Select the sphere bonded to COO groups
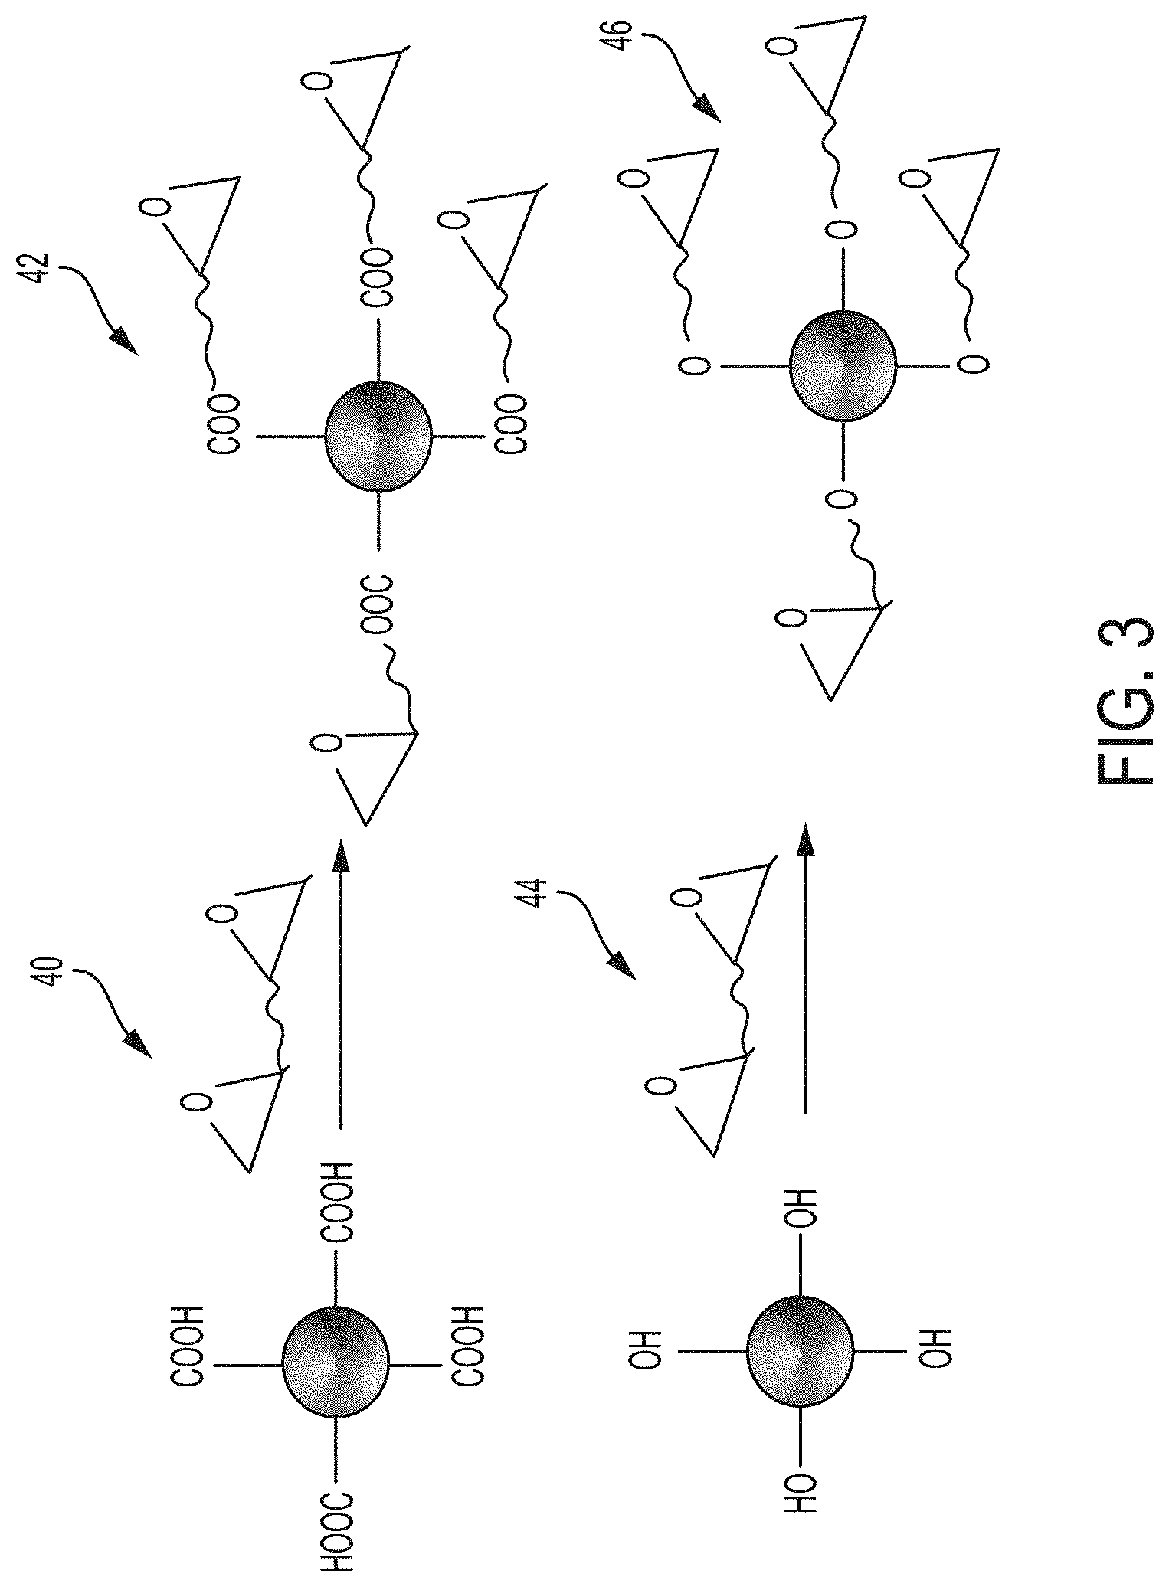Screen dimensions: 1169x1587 coord(378,435)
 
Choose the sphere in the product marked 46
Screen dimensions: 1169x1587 coord(843,366)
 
